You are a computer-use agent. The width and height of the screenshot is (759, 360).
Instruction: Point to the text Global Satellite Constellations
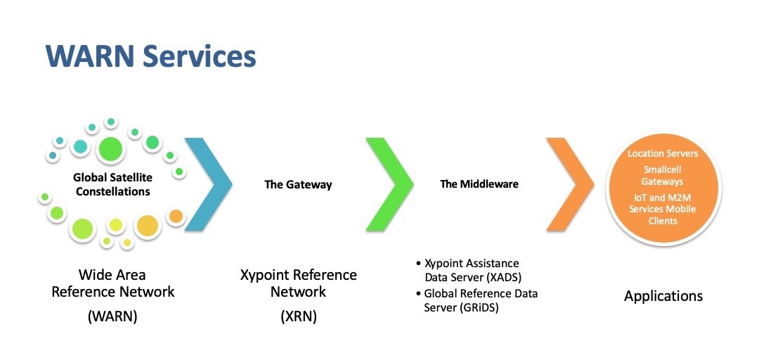(113, 184)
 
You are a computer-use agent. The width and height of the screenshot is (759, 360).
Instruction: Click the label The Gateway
(298, 184)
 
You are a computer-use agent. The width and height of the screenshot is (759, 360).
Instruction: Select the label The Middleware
(479, 184)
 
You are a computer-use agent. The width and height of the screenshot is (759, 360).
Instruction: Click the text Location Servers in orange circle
(663, 153)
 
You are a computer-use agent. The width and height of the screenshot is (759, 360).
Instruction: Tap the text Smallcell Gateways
(663, 176)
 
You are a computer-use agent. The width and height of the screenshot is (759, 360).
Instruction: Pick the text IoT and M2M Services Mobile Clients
(663, 209)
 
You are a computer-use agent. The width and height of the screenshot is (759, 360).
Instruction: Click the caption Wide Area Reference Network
(112, 283)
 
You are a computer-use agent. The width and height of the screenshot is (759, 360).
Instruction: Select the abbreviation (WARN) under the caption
(112, 316)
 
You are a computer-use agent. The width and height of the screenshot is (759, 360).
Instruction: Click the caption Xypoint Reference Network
(298, 283)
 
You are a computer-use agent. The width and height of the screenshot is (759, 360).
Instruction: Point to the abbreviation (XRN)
(298, 316)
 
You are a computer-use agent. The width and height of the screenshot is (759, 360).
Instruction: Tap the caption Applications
(663, 296)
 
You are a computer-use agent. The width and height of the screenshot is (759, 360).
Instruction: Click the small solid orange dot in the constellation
(176, 216)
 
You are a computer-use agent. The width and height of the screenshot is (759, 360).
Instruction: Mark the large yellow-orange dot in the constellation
(147, 226)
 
